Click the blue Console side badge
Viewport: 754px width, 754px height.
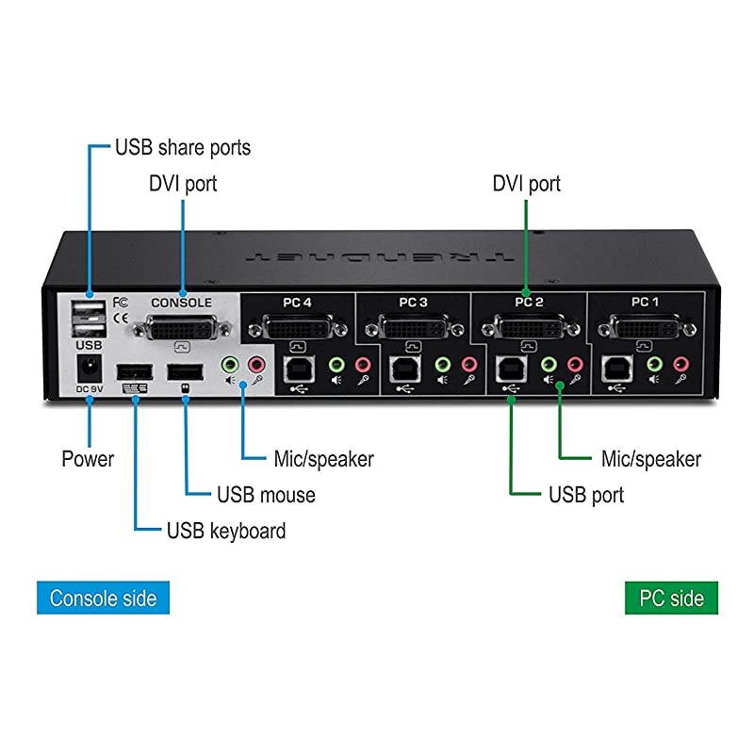103,598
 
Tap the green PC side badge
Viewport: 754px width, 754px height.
671,598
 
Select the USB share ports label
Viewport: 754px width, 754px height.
182,148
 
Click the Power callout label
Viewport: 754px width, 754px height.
88,459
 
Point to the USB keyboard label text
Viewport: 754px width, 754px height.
225,531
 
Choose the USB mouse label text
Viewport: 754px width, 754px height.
266,495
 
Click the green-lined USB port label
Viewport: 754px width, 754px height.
585,495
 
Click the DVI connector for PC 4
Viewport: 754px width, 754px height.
298,330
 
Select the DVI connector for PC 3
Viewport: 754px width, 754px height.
413,330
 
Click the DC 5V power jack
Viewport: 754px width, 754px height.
89,369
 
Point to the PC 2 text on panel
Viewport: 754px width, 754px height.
530,303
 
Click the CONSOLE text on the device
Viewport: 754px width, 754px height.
181,303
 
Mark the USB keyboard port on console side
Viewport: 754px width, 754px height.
133,370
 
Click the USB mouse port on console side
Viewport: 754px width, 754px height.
185,370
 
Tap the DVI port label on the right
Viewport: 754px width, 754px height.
526,184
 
